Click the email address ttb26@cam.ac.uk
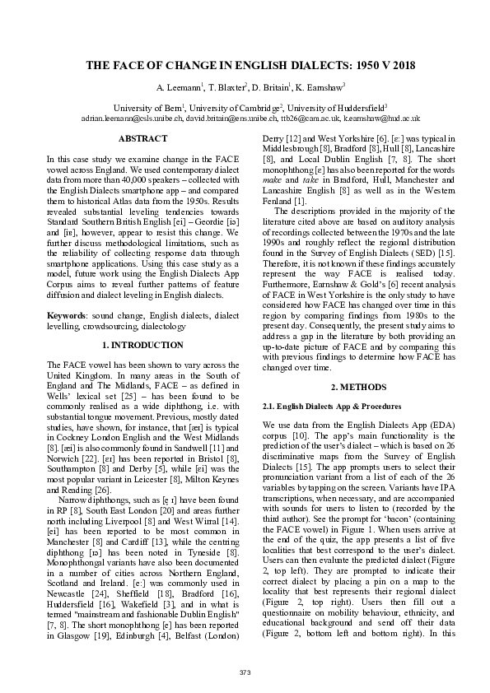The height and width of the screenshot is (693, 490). coord(304,119)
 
